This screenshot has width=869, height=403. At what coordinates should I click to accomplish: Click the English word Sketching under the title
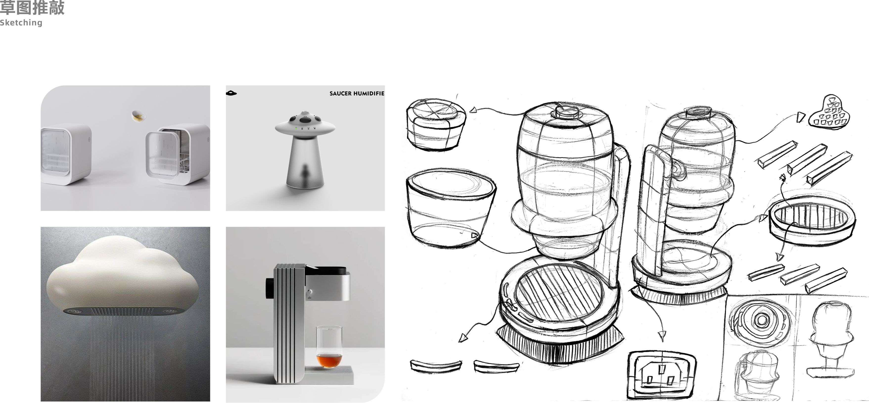tap(21, 23)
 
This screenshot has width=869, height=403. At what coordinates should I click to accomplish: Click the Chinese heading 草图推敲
tap(32, 7)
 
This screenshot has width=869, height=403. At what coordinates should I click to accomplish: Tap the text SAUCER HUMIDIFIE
tap(356, 94)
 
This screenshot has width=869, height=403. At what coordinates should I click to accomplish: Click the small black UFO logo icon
tap(232, 93)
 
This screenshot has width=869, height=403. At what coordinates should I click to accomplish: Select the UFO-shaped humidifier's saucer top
tap(305, 123)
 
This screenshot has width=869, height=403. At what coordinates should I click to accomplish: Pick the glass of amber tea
tap(329, 348)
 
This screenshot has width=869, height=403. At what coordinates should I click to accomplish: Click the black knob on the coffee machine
tap(270, 288)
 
